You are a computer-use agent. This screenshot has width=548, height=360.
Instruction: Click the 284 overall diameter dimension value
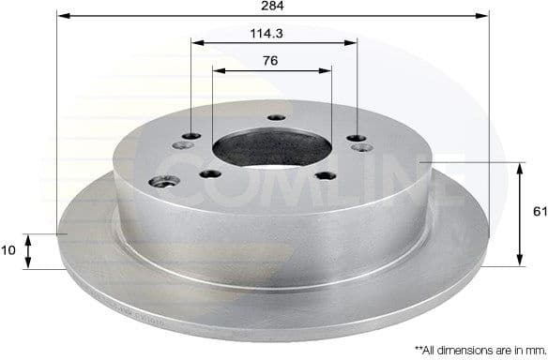point(273,7)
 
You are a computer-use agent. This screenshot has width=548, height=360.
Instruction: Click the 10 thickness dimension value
point(9,251)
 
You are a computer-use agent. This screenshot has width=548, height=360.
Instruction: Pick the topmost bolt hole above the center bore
point(275,117)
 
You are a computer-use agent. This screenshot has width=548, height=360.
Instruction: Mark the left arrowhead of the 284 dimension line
point(61,16)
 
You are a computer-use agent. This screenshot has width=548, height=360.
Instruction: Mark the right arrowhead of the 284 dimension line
point(485,16)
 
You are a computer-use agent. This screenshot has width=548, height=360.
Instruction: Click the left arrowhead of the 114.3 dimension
point(195,41)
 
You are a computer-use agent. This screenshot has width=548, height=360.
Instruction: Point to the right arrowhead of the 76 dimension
point(327,68)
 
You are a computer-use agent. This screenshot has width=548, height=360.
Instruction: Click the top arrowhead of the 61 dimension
point(521,167)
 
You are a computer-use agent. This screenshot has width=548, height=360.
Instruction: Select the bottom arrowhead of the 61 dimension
point(521,261)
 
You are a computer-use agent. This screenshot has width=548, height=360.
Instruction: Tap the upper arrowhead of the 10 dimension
point(28,238)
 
